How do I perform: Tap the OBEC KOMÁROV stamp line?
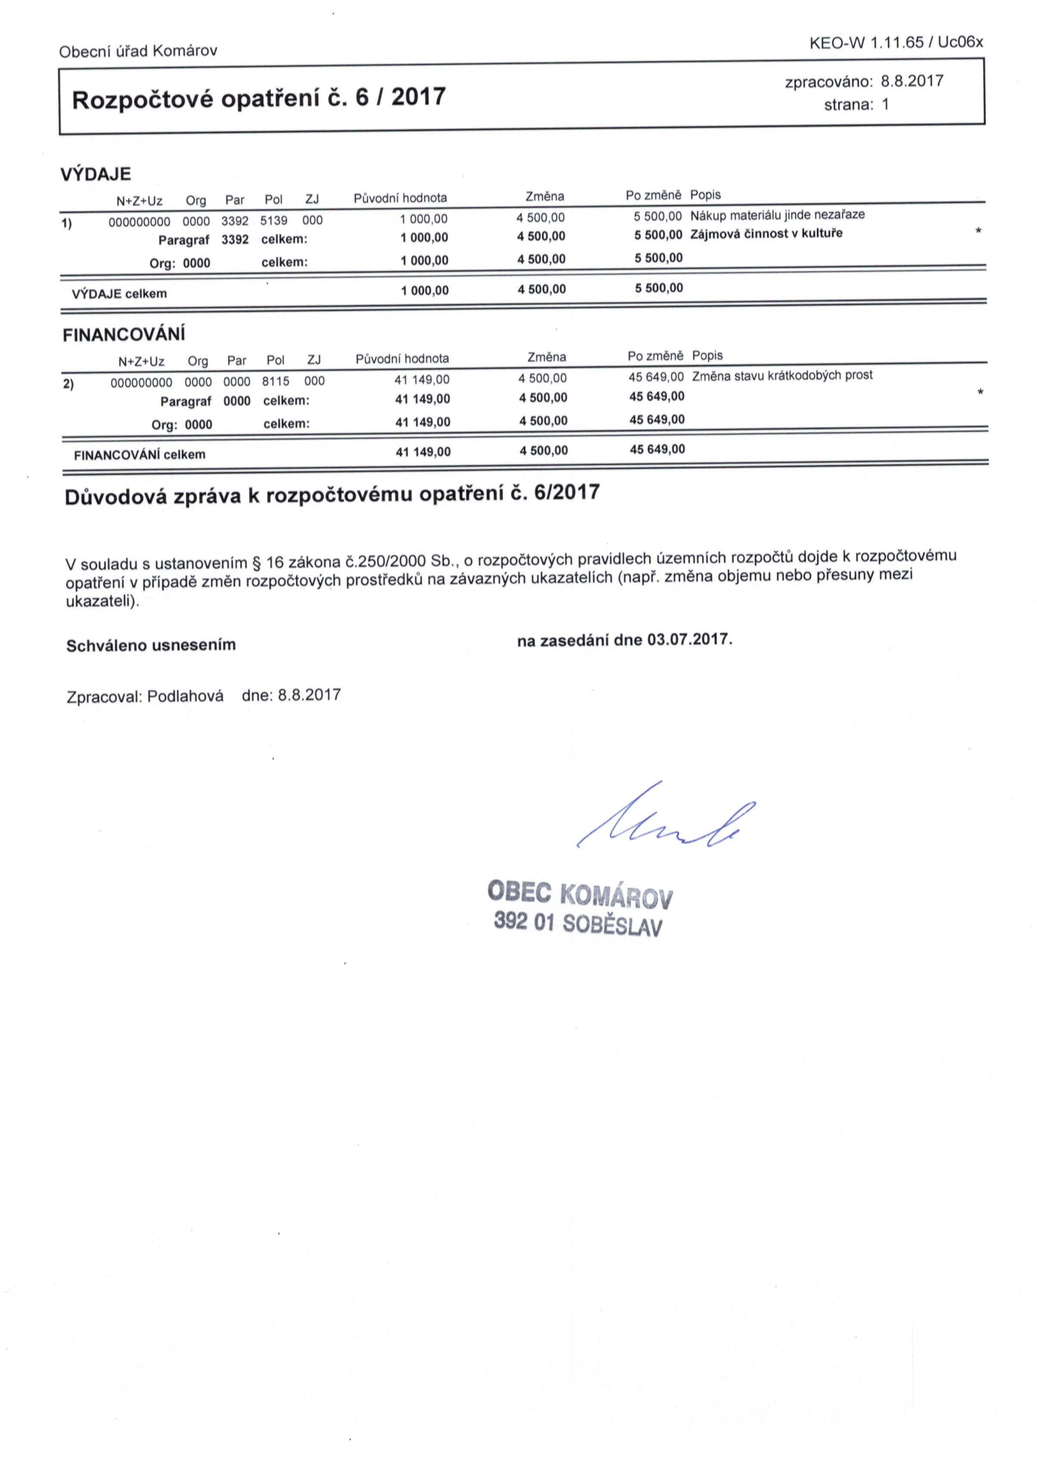coord(579,894)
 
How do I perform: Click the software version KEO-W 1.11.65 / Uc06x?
coord(896,43)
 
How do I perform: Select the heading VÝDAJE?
coord(95,174)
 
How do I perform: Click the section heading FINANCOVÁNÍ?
coord(124,335)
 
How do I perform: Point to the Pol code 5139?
coord(274,220)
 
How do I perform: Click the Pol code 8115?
coord(276,381)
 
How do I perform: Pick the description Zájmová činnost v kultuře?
coord(766,233)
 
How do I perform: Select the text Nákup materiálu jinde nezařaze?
coord(777,215)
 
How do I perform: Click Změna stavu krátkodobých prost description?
coord(782,376)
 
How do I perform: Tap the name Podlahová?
coord(186,695)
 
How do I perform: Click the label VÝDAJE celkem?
coord(120,294)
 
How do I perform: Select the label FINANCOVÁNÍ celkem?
coord(139,455)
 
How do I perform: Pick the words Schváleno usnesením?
coord(151,645)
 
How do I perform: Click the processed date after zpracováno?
coord(912,81)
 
